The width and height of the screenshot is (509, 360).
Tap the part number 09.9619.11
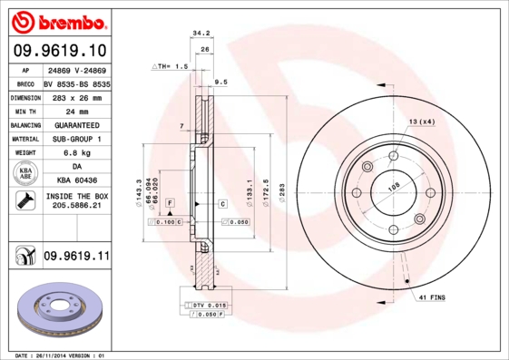pyautogui.click(x=76, y=257)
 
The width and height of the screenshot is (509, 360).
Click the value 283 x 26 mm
pyautogui.click(x=76, y=96)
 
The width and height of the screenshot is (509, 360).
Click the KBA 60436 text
pyautogui.click(x=76, y=182)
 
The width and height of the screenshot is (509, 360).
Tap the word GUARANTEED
pyautogui.click(x=76, y=124)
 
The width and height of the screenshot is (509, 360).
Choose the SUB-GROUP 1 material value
pyautogui.click(x=76, y=139)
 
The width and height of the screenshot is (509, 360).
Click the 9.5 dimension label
pyautogui.click(x=220, y=82)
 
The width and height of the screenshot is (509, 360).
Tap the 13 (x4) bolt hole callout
pyautogui.click(x=421, y=122)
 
